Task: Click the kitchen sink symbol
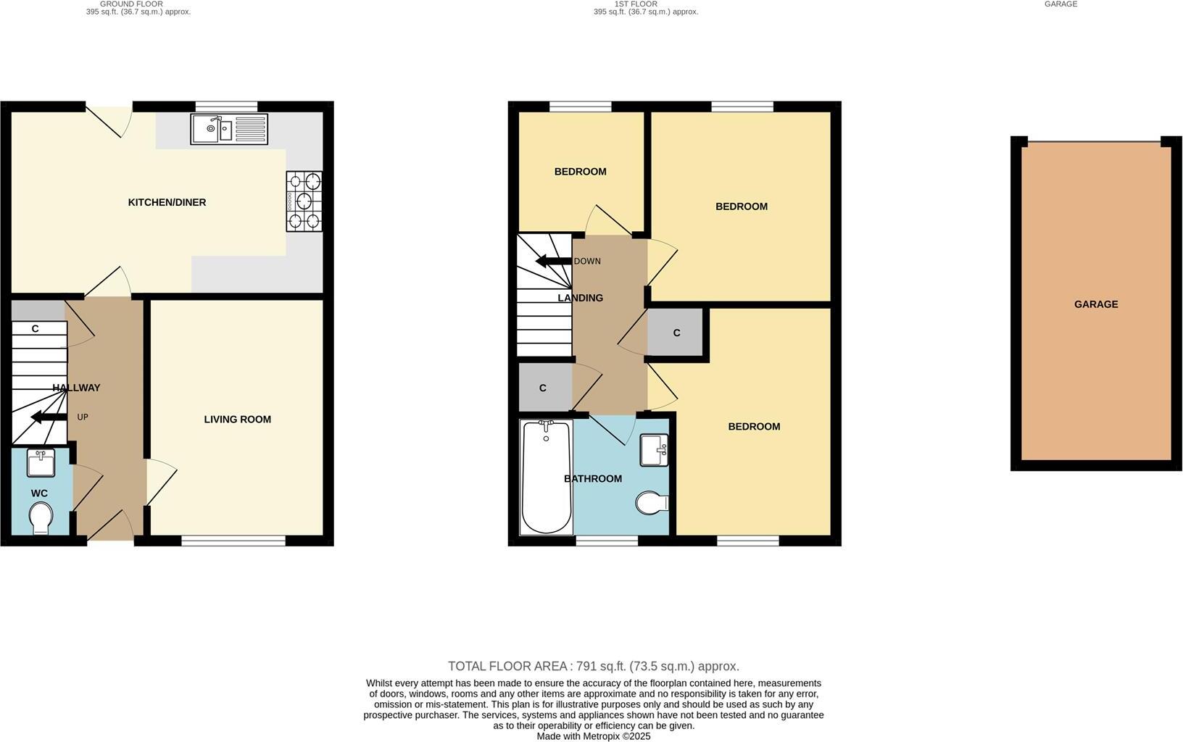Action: (229, 129)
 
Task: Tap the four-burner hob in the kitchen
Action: (304, 201)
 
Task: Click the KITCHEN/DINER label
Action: (167, 202)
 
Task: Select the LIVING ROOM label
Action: (237, 419)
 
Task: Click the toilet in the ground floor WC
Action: (41, 518)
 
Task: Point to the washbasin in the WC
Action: (41, 462)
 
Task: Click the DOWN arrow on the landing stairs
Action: (553, 261)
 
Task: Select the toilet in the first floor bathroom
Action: (652, 502)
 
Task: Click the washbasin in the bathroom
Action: (654, 449)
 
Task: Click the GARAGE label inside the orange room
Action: (1095, 304)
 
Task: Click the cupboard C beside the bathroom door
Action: (543, 388)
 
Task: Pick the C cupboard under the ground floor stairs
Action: (35, 328)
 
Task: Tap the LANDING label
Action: (580, 298)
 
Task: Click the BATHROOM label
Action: (592, 478)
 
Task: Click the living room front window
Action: (233, 541)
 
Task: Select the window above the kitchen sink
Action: (226, 107)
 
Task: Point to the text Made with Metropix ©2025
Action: (593, 736)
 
